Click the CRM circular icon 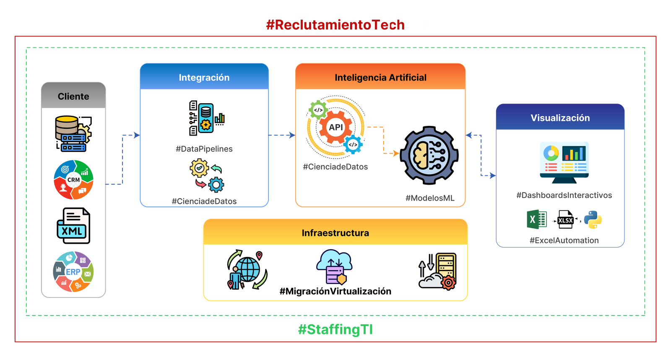[x=73, y=180]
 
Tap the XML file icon [x=73, y=226]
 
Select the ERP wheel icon [x=73, y=271]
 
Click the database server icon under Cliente [x=73, y=134]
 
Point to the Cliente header [x=73, y=96]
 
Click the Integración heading [x=204, y=77]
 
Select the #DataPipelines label [x=204, y=149]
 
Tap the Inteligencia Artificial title [x=380, y=77]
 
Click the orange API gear [x=335, y=127]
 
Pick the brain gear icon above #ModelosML [x=429, y=155]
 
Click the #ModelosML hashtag [x=430, y=198]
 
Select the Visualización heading [x=560, y=118]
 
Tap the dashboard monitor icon [x=564, y=162]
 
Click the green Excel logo [x=536, y=219]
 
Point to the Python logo [x=593, y=220]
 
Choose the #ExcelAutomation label [x=564, y=240]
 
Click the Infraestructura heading [x=335, y=233]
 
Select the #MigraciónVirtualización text [x=335, y=291]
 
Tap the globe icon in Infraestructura [x=247, y=270]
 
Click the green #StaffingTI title [x=335, y=330]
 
